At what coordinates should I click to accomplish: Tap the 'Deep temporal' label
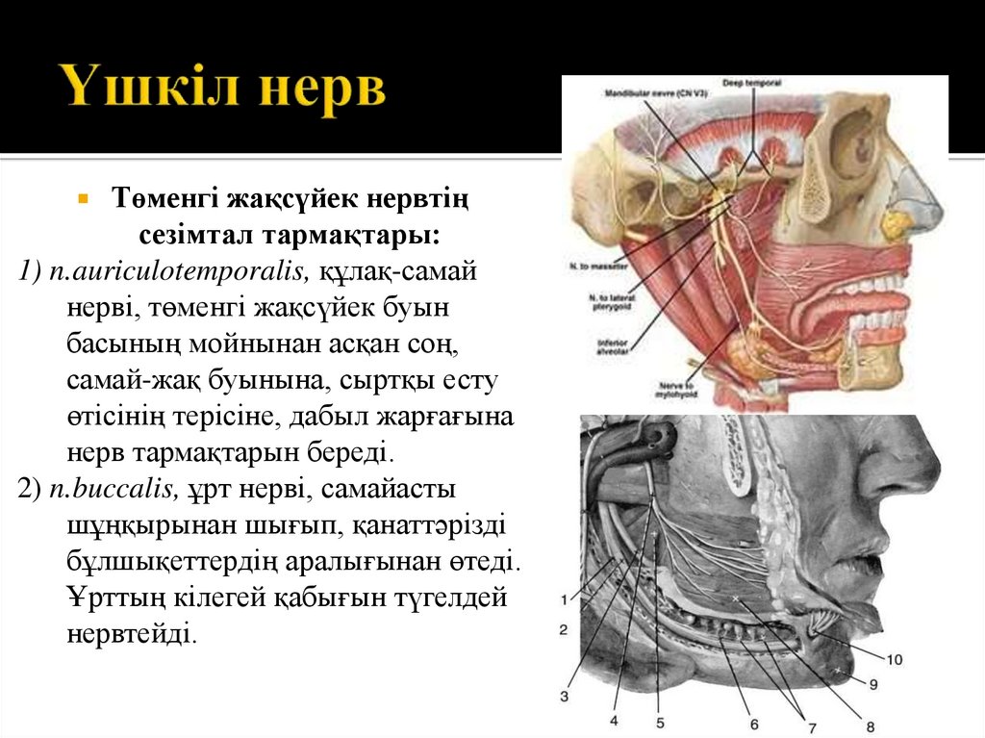(x=745, y=85)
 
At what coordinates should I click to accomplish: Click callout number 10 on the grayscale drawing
(x=894, y=660)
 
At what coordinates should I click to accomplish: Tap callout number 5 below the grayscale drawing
(x=659, y=721)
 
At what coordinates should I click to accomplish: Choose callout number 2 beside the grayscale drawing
(x=564, y=629)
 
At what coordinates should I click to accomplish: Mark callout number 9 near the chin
(x=873, y=684)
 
